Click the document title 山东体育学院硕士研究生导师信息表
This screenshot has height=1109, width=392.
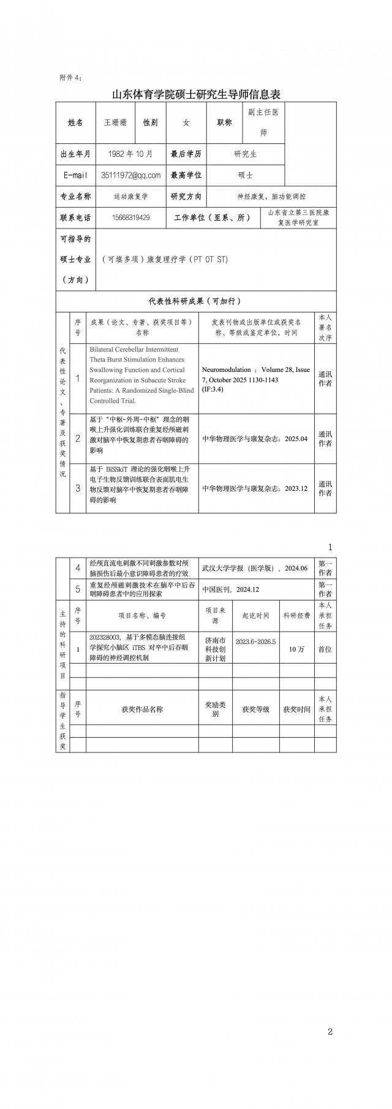196,94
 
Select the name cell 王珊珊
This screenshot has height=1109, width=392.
115,123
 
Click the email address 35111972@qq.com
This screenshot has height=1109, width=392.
131,175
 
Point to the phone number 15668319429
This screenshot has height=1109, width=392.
131,218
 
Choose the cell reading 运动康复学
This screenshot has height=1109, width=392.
130,197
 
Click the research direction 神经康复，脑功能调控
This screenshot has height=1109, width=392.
271,197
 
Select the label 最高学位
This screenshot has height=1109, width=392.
186,175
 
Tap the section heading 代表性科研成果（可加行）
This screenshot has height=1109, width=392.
195,301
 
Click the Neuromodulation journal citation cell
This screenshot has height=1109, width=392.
256,379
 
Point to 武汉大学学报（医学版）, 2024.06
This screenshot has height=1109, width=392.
255,568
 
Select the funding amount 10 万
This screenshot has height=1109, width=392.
296,649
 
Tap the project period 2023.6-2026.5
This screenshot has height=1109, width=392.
255,642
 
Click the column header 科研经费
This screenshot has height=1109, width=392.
296,616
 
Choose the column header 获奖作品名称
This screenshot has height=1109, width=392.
142,709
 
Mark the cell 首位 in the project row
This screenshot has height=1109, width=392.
325,649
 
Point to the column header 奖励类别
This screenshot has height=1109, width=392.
215,709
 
